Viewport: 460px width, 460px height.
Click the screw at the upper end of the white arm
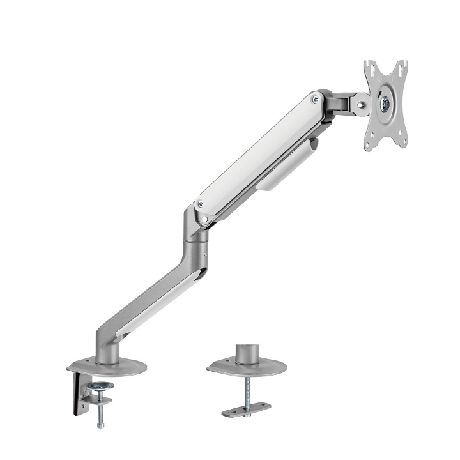[x=315, y=99]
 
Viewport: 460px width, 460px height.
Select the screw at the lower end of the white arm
[x=201, y=204]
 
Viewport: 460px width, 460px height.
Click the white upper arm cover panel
[x=256, y=153]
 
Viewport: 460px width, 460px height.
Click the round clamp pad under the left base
[x=100, y=386]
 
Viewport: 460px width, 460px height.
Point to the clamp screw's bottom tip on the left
[x=100, y=425]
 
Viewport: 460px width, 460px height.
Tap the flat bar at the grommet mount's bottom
[x=247, y=410]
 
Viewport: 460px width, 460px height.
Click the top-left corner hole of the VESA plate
[x=369, y=66]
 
